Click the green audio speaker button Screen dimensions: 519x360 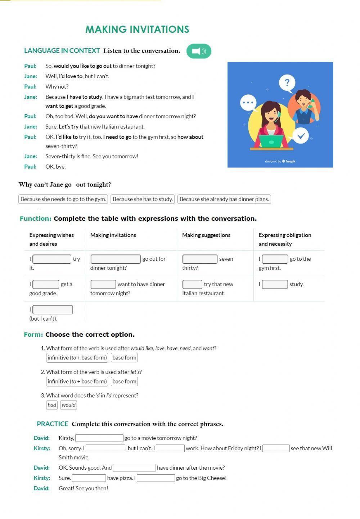click(x=199, y=51)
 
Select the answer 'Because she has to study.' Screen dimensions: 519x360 click(x=143, y=199)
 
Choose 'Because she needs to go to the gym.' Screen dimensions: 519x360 click(x=63, y=199)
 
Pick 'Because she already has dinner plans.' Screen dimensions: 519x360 click(x=224, y=199)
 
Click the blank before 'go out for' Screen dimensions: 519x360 click(x=116, y=259)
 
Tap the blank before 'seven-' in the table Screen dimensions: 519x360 click(x=200, y=259)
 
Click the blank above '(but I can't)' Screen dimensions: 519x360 click(x=53, y=310)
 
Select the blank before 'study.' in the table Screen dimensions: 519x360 click(x=275, y=284)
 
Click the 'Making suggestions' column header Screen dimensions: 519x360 click(x=206, y=235)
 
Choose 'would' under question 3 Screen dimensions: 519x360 click(x=68, y=405)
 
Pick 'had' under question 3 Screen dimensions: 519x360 click(x=52, y=405)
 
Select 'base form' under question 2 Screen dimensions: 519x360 click(x=124, y=381)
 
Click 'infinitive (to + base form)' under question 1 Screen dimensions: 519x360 click(x=77, y=358)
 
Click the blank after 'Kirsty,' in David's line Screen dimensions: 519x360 click(x=99, y=438)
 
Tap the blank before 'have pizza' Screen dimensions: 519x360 click(x=89, y=478)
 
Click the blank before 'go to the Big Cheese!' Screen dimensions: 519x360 click(x=156, y=478)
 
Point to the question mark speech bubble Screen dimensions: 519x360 click(x=287, y=82)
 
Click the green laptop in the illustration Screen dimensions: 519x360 click(x=271, y=141)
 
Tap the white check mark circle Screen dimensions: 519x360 click(x=301, y=136)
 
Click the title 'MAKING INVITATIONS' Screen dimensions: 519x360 click(x=137, y=29)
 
